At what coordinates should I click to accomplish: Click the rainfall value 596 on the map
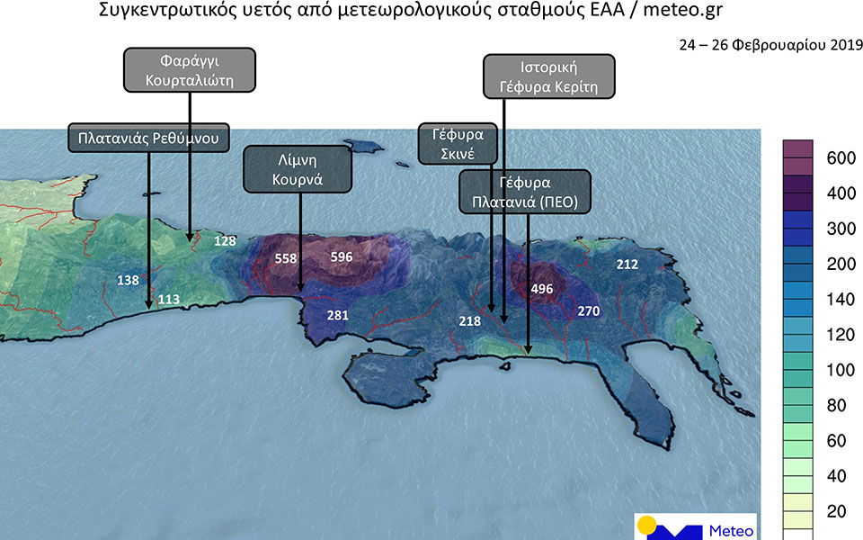point(342,257)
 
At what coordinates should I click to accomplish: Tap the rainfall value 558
point(286,258)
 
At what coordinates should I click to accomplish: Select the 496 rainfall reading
point(542,289)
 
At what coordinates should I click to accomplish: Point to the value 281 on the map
point(337,316)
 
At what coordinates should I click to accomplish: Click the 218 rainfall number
point(470,321)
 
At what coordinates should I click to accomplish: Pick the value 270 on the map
point(588,311)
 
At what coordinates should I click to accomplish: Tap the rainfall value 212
point(627,265)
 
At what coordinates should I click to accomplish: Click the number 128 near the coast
point(225,241)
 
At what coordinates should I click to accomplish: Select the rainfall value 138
point(128,281)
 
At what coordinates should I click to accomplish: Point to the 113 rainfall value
point(170,299)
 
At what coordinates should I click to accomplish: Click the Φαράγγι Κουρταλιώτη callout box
point(190,70)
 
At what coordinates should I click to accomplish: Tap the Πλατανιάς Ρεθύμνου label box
point(148,138)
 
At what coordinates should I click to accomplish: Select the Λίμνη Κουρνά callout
point(298,169)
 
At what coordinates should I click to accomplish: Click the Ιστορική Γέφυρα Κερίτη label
point(548,77)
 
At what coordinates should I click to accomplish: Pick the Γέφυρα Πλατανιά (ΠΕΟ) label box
point(525,190)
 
